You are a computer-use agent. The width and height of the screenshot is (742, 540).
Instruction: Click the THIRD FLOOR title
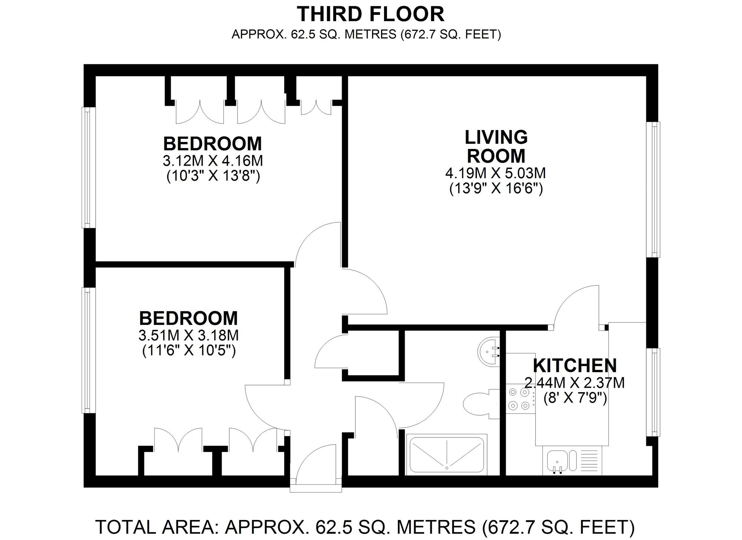(x=371, y=14)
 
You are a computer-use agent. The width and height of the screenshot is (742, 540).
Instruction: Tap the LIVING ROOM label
(x=496, y=146)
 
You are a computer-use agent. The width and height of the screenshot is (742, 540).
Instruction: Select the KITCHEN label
(x=575, y=366)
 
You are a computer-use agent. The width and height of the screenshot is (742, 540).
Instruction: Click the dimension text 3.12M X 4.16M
(x=213, y=161)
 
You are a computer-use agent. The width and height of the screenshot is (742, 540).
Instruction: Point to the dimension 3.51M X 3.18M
(x=188, y=335)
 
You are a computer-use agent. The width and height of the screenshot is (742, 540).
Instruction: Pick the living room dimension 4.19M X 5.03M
(x=496, y=173)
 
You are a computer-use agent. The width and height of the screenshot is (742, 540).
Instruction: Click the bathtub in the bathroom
(x=447, y=454)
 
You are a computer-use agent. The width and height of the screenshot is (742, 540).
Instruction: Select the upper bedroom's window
(x=88, y=167)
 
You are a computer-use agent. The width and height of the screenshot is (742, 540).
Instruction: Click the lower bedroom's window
(x=88, y=350)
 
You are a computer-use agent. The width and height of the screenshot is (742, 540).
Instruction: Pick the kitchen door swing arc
(x=568, y=297)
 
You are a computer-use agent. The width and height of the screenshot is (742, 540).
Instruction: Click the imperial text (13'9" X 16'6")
(x=496, y=189)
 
